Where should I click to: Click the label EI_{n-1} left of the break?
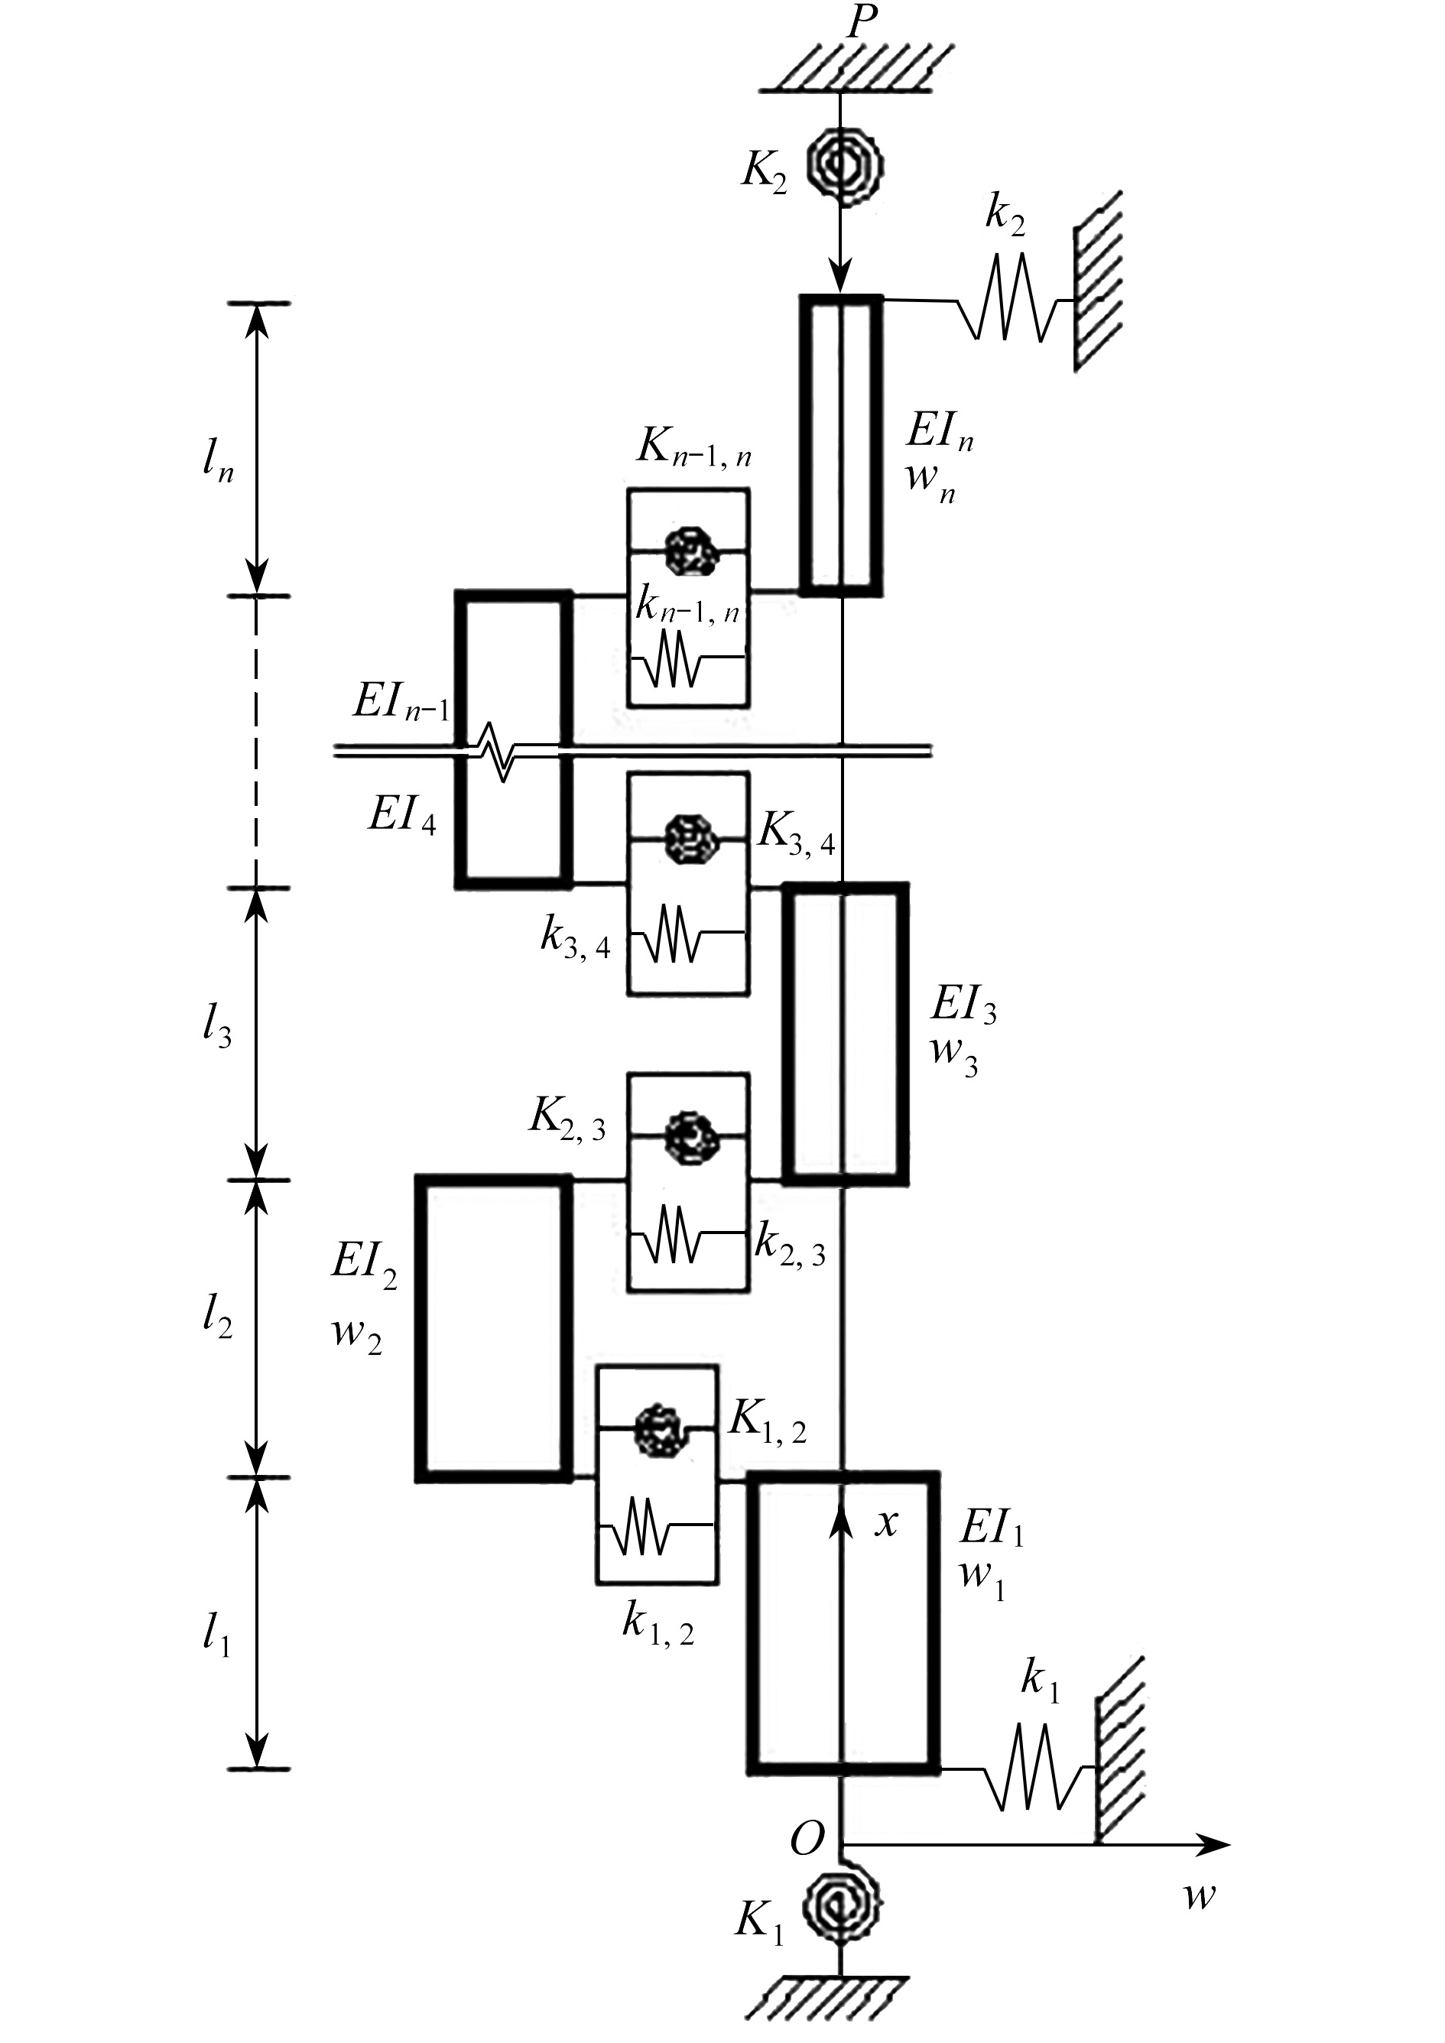pyautogui.click(x=401, y=703)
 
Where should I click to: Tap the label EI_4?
pyautogui.click(x=402, y=814)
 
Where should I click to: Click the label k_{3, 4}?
pyautogui.click(x=576, y=939)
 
